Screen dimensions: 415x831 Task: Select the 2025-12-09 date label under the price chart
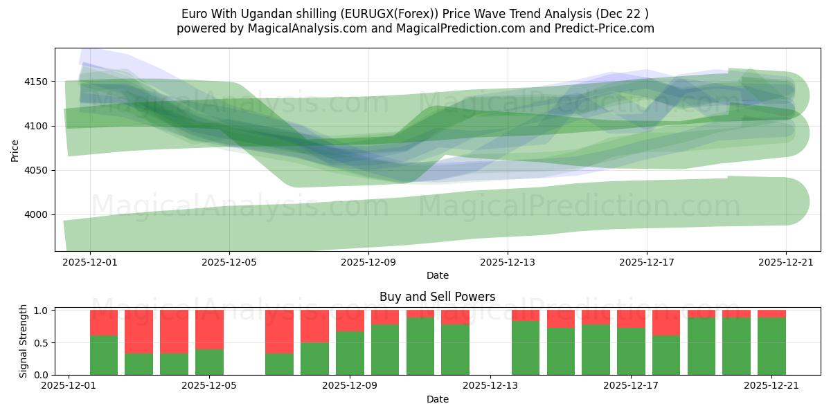pyautogui.click(x=368, y=263)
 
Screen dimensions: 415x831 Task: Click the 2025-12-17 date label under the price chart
pyautogui.click(x=647, y=263)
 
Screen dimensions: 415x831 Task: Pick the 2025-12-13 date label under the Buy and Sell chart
pyautogui.click(x=490, y=386)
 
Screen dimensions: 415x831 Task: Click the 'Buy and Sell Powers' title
pyautogui.click(x=437, y=297)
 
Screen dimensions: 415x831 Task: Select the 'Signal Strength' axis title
pyautogui.click(x=24, y=340)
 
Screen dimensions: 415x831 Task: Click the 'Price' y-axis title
pyautogui.click(x=15, y=149)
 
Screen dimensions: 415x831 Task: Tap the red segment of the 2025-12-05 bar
pyautogui.click(x=209, y=329)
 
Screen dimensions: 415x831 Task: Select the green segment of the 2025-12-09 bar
pyautogui.click(x=350, y=353)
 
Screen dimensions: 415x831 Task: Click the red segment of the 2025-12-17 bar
pyautogui.click(x=631, y=319)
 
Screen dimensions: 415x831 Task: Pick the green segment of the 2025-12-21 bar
pyautogui.click(x=771, y=346)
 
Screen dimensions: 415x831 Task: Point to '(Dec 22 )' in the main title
pyautogui.click(x=623, y=14)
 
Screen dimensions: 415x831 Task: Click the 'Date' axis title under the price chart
pyautogui.click(x=437, y=275)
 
